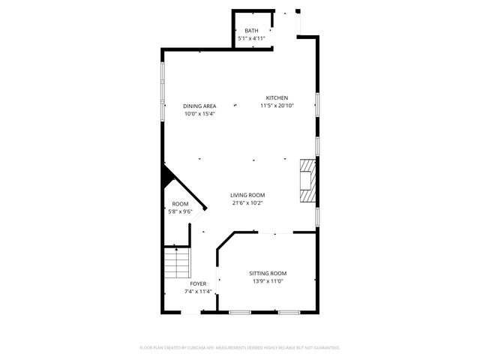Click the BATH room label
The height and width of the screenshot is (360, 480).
pyautogui.click(x=251, y=30)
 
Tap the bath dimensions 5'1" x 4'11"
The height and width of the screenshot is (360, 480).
pyautogui.click(x=251, y=37)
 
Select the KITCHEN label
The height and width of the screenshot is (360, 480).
pyautogui.click(x=277, y=97)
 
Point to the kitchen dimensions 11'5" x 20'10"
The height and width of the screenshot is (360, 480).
pyautogui.click(x=277, y=106)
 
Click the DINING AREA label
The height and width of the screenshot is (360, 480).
pyautogui.click(x=199, y=106)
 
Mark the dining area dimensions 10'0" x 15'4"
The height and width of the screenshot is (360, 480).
pyautogui.click(x=199, y=114)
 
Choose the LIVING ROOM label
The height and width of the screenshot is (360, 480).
pyautogui.click(x=247, y=195)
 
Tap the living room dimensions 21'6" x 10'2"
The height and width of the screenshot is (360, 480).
pyautogui.click(x=247, y=202)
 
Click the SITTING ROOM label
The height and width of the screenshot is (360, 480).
pyautogui.click(x=268, y=273)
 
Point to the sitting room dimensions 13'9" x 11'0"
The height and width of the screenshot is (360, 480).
pyautogui.click(x=268, y=281)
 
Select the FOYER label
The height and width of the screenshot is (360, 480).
pyautogui.click(x=198, y=283)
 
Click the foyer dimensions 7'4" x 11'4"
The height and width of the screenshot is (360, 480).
pyautogui.click(x=198, y=292)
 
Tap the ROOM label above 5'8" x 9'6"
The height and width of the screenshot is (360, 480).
pyautogui.click(x=180, y=204)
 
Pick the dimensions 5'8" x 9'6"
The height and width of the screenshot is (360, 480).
pyautogui.click(x=180, y=212)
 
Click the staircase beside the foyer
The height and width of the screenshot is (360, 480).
pyautogui.click(x=178, y=262)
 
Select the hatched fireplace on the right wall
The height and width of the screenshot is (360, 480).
pyautogui.click(x=307, y=180)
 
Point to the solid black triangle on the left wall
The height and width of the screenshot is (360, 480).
pyautogui.click(x=168, y=178)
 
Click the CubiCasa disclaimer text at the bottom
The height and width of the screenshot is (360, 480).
pyautogui.click(x=240, y=348)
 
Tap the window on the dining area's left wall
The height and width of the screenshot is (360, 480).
pyautogui.click(x=163, y=90)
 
